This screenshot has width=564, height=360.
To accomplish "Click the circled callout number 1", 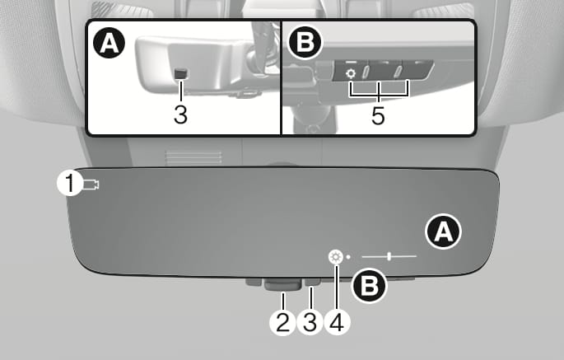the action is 70,184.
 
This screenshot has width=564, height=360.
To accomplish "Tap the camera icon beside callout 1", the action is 91,185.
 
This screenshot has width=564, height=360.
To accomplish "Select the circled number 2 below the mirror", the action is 282,322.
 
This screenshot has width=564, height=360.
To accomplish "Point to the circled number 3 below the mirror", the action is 310,322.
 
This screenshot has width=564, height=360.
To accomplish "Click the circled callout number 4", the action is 337,322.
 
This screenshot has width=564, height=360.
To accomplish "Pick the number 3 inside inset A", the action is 180,115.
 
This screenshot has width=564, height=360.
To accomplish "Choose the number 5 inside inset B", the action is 378,116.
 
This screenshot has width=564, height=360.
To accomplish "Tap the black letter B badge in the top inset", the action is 305,42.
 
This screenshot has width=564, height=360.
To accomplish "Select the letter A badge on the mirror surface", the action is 443,231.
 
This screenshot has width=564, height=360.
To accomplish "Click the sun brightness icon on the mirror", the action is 336,257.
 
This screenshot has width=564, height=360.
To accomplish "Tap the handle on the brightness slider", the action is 389,256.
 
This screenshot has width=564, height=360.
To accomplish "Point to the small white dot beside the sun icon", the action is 348,257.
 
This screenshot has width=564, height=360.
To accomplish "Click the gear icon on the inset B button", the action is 351,74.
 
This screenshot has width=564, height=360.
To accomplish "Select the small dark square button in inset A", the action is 181,73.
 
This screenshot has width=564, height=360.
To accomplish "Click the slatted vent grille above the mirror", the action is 193,157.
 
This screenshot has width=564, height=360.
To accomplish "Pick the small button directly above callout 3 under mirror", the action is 312,282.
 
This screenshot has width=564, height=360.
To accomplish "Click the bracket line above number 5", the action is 379,94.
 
